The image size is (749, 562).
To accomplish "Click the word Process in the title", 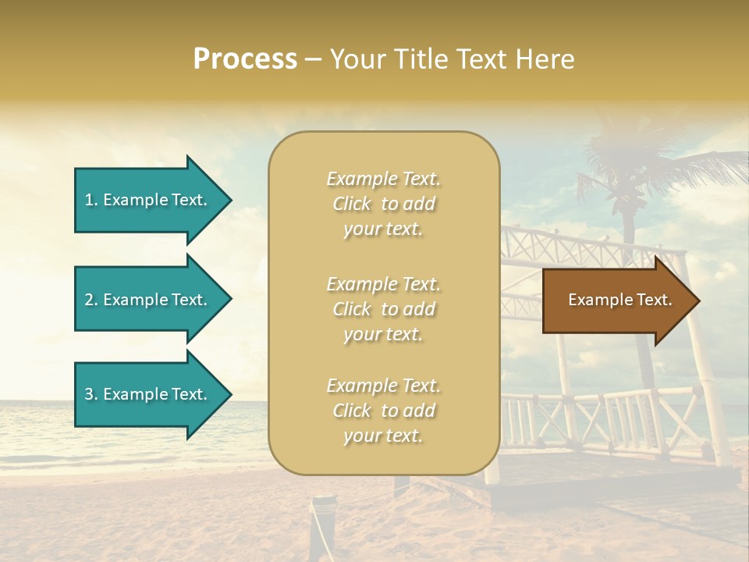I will pyautogui.click(x=245, y=59).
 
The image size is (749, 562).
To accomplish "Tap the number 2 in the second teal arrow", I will pyautogui.click(x=89, y=300).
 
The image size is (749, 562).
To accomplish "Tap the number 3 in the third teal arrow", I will pyautogui.click(x=89, y=394).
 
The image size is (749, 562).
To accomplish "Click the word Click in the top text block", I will pyautogui.click(x=352, y=204).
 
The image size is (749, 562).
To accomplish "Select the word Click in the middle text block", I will pyautogui.click(x=352, y=309).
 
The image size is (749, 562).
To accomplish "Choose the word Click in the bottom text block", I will pyautogui.click(x=352, y=411).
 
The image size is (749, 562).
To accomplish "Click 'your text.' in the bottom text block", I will pyautogui.click(x=383, y=436).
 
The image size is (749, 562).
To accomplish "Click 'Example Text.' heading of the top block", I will pyautogui.click(x=383, y=179).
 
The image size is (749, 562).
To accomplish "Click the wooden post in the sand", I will pyautogui.click(x=321, y=523).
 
